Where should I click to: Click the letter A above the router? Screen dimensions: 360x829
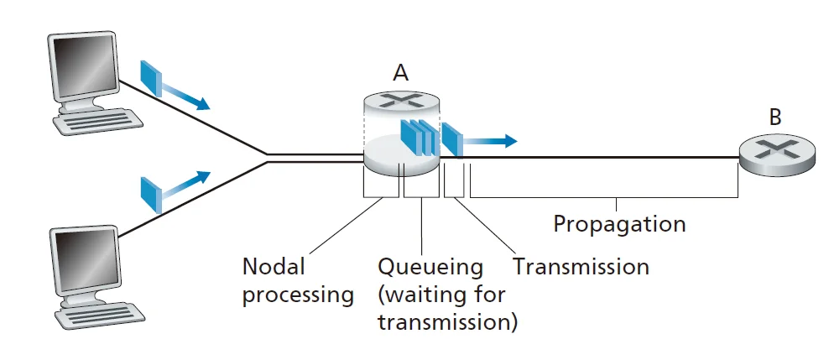tap(401, 73)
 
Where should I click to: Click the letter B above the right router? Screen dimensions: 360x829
tap(774, 117)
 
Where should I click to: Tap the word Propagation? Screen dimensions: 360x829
tap(619, 224)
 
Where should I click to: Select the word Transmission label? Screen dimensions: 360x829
tap(581, 267)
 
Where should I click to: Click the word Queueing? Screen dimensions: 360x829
tap(430, 267)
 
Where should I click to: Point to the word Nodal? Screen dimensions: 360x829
tap(274, 267)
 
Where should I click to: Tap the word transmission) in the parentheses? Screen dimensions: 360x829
tap(447, 322)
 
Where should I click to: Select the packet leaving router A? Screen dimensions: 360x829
tap(451, 140)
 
